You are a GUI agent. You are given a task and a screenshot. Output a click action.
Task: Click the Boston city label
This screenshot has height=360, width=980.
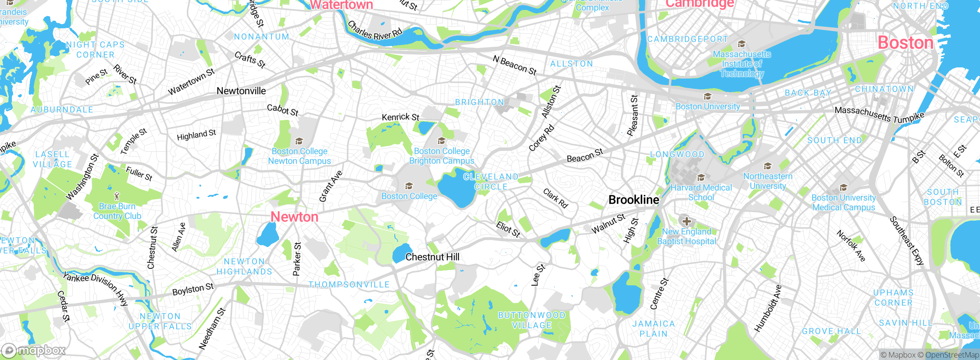click(905, 43)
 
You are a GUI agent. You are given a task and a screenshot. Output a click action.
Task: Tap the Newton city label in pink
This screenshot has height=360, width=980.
click(294, 217)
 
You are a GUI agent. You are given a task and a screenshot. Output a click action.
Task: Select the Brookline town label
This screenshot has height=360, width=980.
click(634, 200)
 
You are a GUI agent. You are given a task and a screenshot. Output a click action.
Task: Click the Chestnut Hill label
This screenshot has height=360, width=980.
click(432, 257)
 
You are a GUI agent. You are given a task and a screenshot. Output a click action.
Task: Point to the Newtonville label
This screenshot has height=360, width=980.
click(241, 91)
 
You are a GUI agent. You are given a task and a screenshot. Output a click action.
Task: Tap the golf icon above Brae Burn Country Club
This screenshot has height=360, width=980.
click(117, 196)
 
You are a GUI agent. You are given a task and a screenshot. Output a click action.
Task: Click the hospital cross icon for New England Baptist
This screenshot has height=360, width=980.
click(686, 221)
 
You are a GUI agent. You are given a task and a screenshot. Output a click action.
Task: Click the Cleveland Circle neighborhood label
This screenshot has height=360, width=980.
click(491, 182)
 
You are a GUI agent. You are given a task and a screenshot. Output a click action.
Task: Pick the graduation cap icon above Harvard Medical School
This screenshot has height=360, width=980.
click(701, 178)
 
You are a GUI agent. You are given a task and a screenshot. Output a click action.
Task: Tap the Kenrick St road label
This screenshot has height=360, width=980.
click(400, 117)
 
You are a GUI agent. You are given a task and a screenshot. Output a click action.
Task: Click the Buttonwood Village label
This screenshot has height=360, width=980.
click(532, 320)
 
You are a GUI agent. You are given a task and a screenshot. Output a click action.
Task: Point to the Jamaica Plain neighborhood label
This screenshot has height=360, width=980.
click(653, 329)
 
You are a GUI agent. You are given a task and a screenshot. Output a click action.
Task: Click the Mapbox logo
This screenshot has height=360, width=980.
click(34, 350)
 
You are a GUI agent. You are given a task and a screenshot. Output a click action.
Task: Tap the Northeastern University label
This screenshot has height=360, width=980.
click(768, 181)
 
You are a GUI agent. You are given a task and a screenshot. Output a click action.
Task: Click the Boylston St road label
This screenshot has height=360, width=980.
click(193, 289)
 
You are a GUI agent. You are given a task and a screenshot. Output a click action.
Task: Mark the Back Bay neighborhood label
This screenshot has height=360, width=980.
click(808, 93)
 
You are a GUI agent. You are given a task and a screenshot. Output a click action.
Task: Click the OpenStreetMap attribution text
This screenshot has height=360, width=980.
click(952, 355)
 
